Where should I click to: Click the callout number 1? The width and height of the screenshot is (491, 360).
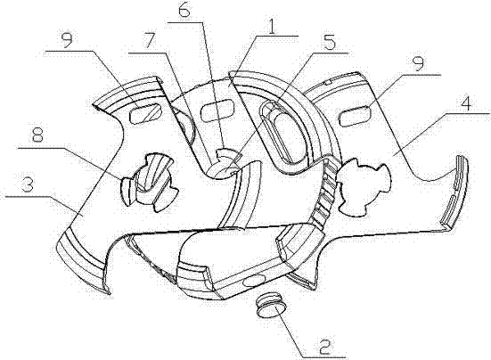[272, 27]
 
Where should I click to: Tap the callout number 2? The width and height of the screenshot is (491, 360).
[324, 347]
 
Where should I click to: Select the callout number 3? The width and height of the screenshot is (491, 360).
[28, 186]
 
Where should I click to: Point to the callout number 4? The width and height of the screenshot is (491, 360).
[466, 104]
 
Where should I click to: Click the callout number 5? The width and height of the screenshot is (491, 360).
[328, 44]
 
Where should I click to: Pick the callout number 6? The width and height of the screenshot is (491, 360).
[184, 12]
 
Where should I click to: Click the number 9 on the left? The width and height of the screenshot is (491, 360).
[67, 40]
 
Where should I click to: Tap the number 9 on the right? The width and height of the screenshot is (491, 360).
[418, 64]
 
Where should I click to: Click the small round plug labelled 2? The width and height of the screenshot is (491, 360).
[271, 307]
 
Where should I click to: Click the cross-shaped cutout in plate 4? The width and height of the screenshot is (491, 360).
[364, 187]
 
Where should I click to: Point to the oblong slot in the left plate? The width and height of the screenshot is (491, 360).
[145, 114]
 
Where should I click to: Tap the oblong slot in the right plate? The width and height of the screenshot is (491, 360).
[355, 116]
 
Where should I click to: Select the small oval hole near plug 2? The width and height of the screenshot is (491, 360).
[253, 281]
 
